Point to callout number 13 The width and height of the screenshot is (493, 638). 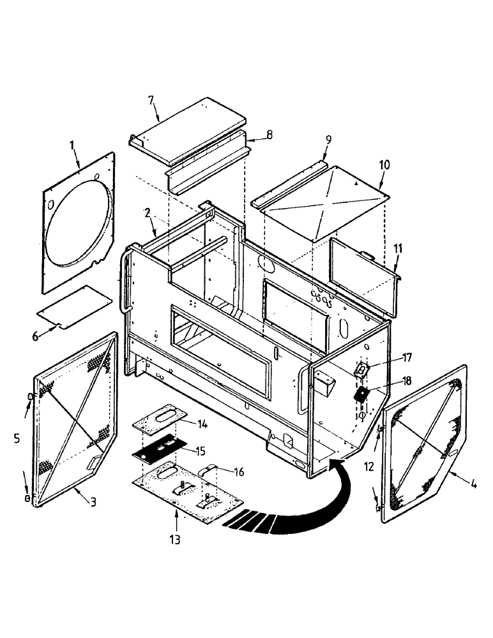click(x=175, y=540)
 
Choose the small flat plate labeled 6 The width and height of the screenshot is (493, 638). click(x=73, y=308)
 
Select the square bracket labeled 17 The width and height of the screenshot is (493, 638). click(x=361, y=369)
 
